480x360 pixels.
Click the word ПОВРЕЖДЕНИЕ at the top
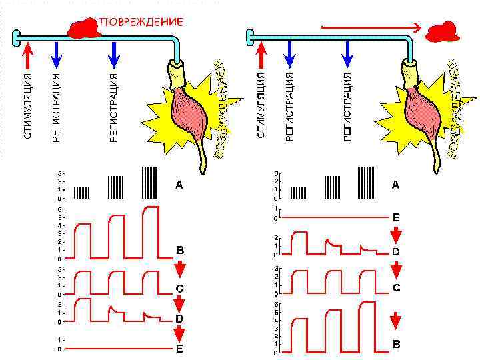(141, 21)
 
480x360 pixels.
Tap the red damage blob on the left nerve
(83, 28)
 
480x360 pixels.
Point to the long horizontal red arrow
(371, 28)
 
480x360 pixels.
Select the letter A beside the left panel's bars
(179, 185)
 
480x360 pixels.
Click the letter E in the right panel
(396, 217)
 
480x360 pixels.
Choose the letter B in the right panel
(396, 345)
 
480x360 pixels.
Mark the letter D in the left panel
(179, 319)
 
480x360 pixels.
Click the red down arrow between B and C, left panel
(179, 268)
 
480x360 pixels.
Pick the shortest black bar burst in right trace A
(299, 193)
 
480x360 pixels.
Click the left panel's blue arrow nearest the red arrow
(57, 54)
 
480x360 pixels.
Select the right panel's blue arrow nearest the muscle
(348, 54)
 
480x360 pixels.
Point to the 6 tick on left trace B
(60, 209)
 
